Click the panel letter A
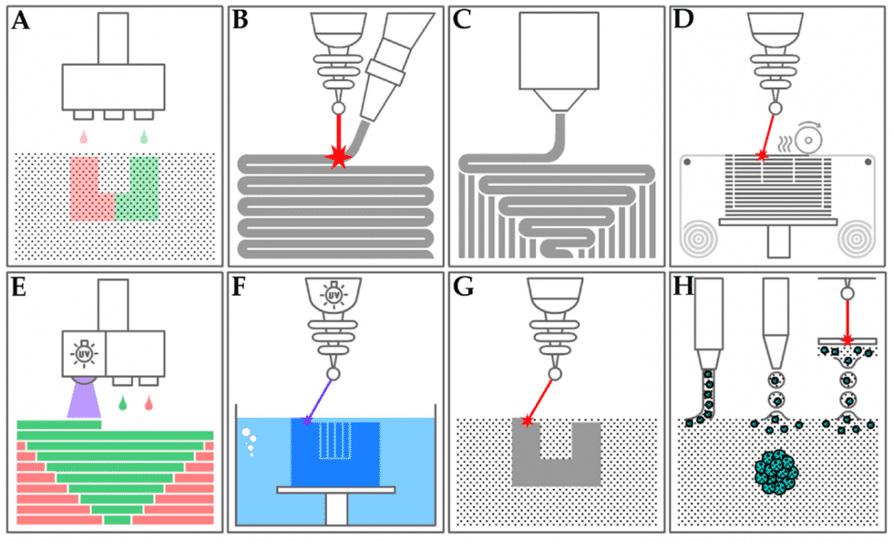[x=20, y=21]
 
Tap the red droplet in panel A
[x=84, y=138]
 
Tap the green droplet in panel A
[x=144, y=138]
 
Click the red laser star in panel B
[x=339, y=158]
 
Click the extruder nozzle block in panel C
[x=556, y=55]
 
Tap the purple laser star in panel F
[x=306, y=420]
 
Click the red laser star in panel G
[x=527, y=422]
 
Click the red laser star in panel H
[x=847, y=339]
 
